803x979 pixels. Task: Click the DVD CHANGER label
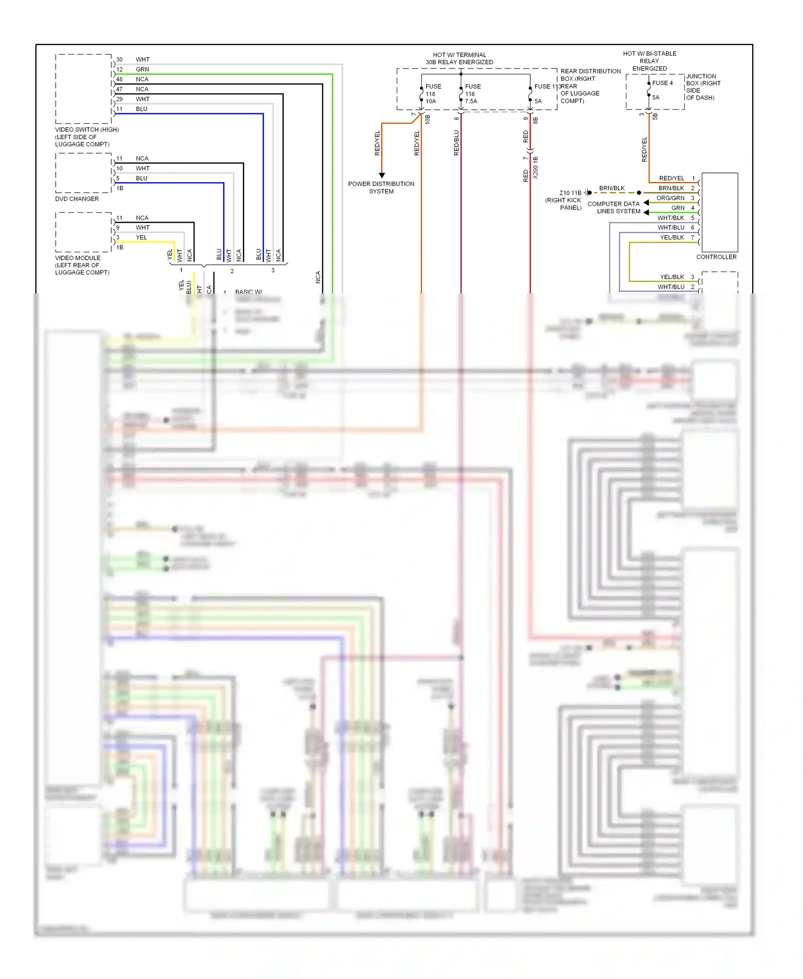click(x=77, y=199)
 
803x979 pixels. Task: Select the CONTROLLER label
click(x=716, y=257)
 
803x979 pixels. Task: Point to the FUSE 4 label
click(x=662, y=83)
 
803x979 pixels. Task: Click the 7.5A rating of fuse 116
click(x=471, y=101)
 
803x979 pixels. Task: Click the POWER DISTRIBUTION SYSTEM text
click(x=381, y=187)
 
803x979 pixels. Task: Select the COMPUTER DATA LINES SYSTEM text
click(x=613, y=207)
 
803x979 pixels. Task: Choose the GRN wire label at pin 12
click(x=142, y=70)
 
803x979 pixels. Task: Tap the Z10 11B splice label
click(x=570, y=193)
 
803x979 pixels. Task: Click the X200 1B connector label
click(x=535, y=168)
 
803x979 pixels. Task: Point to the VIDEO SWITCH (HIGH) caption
click(x=86, y=130)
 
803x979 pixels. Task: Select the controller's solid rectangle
click(x=719, y=213)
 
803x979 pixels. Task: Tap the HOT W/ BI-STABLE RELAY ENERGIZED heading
click(x=649, y=61)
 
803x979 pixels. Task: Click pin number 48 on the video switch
click(x=119, y=79)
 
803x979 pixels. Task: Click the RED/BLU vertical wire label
click(x=456, y=142)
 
